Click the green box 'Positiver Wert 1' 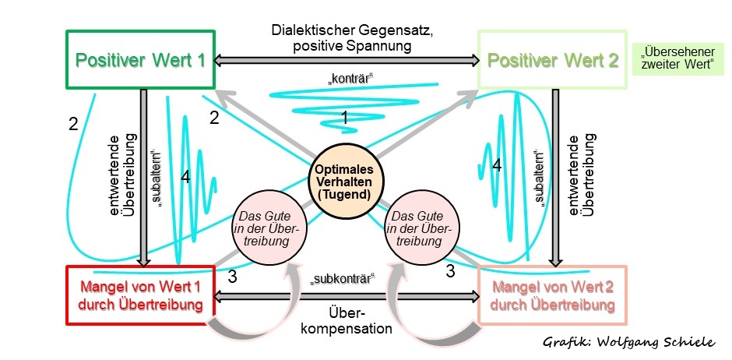[x=140, y=60]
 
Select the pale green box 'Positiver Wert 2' [x=552, y=60]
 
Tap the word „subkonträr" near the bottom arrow [x=343, y=278]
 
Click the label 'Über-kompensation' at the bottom [x=347, y=319]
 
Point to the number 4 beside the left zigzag [x=185, y=178]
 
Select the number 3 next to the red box [x=232, y=276]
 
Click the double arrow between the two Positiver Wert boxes [x=346, y=59]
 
